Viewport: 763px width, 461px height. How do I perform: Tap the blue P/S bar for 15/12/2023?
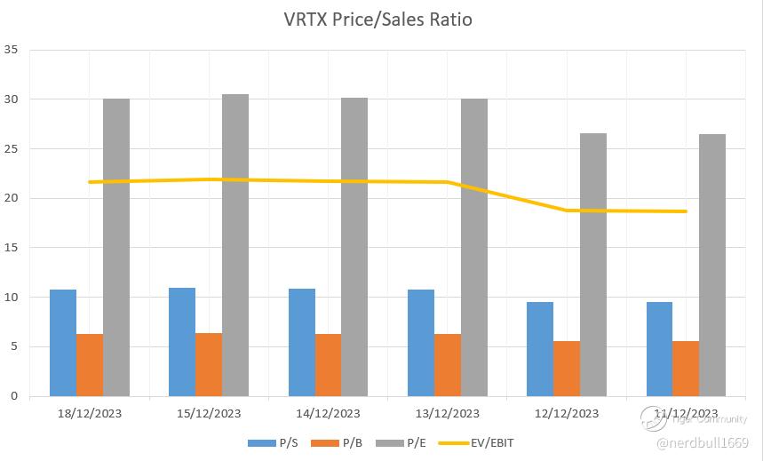pos(182,342)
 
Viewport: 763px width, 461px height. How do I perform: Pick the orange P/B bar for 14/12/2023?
pos(328,365)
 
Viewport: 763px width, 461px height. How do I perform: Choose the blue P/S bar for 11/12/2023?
pos(659,349)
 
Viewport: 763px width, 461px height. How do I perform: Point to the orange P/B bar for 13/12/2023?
pos(448,365)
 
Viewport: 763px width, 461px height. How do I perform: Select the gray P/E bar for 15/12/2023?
pos(235,245)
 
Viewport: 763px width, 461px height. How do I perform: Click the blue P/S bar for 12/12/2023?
pos(540,349)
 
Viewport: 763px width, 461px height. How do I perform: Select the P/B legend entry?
pos(341,442)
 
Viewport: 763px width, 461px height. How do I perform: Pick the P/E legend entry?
pos(408,442)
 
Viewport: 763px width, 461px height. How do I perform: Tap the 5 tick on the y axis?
pos(13,346)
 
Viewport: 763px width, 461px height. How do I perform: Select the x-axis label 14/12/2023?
pos(329,413)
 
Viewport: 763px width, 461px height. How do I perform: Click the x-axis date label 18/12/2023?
pos(90,413)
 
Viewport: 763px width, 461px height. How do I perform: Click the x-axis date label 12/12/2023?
pos(567,413)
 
